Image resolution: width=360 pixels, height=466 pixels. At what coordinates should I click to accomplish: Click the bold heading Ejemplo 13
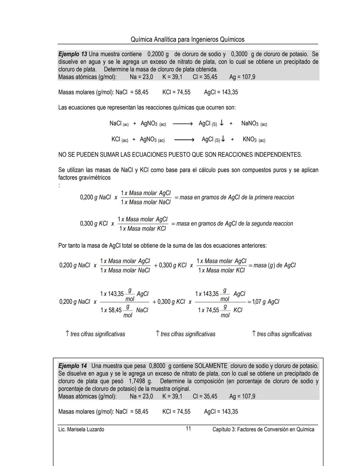[x=73, y=54]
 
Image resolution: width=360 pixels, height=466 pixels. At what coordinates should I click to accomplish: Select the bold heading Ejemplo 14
[x=73, y=366]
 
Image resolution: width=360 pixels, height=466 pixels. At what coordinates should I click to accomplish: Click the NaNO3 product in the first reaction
[x=250, y=123]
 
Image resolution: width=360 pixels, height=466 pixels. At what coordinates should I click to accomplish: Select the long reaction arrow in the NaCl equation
[x=183, y=124]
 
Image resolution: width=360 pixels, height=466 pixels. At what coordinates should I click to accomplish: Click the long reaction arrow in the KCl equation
[x=184, y=140]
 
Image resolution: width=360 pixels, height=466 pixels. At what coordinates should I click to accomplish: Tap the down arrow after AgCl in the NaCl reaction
[x=221, y=123]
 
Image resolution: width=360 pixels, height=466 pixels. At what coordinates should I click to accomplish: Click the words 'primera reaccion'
[x=274, y=197]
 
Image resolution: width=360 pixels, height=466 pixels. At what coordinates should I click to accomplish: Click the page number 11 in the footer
[x=188, y=429]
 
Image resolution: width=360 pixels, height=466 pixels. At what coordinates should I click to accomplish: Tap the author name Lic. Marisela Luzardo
[x=81, y=429]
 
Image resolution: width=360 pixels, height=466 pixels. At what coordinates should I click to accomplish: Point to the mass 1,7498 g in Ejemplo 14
[x=140, y=381]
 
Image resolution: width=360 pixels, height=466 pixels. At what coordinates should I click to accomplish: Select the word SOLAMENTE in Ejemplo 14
[x=211, y=366]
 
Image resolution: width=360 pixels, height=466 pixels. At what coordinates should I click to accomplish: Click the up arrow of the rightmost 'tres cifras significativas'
[x=254, y=334]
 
